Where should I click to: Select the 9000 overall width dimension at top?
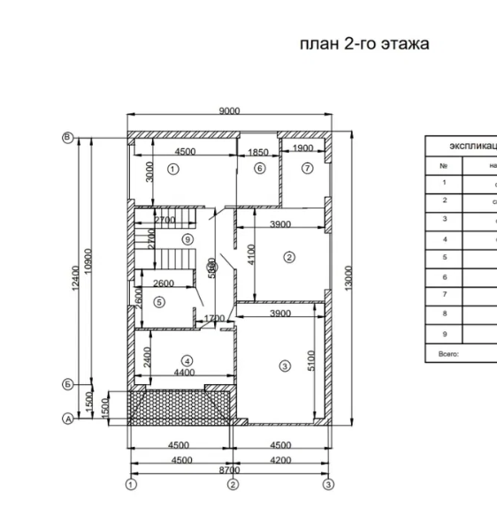(229, 111)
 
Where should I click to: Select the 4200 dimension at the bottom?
(281, 460)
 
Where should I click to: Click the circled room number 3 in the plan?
(285, 366)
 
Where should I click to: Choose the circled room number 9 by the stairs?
(187, 239)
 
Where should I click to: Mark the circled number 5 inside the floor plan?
(159, 301)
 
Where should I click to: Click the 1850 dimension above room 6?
(258, 153)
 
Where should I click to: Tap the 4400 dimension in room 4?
(185, 373)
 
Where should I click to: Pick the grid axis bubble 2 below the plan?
(233, 485)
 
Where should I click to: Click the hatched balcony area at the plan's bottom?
(181, 405)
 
